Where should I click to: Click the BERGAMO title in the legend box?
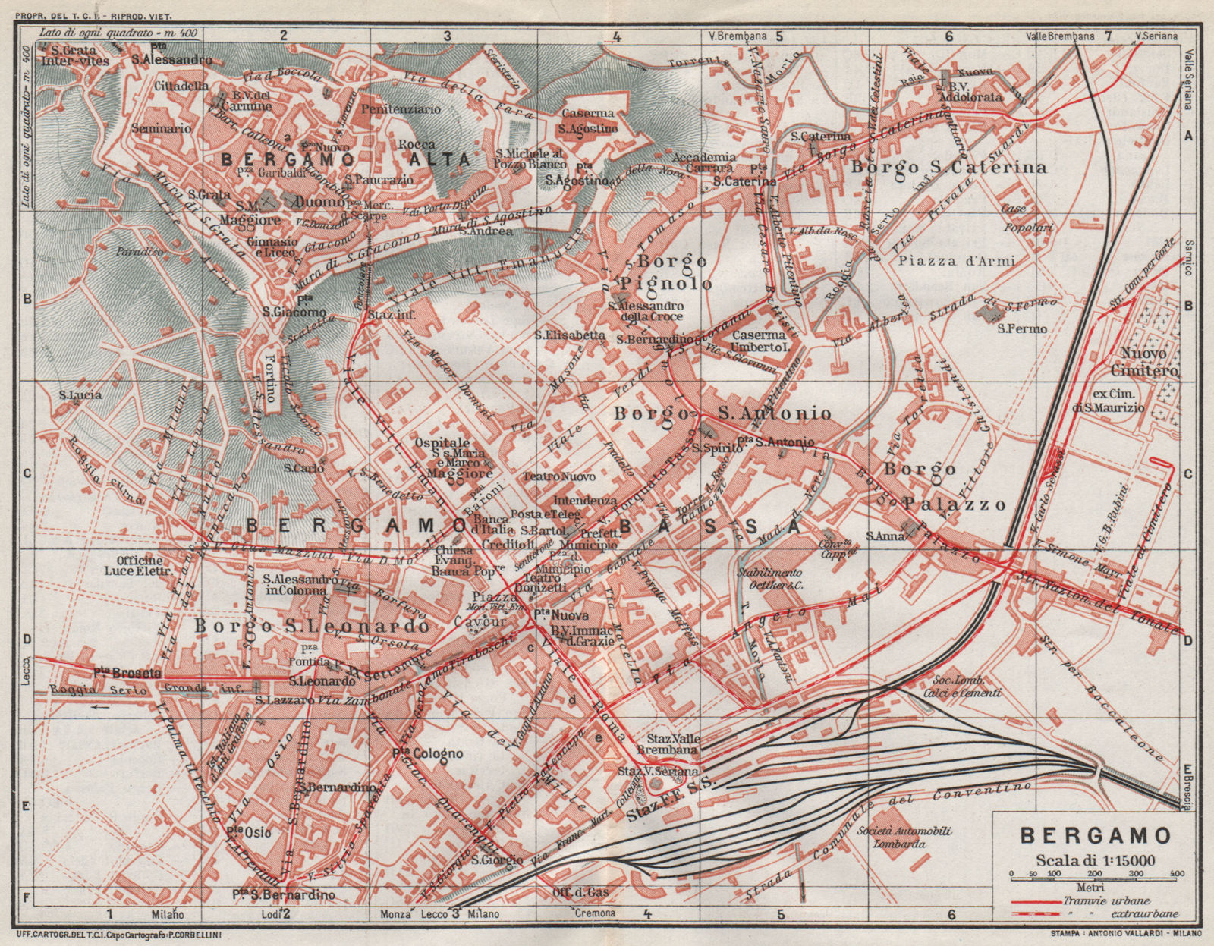1087,835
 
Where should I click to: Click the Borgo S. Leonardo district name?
306,627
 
